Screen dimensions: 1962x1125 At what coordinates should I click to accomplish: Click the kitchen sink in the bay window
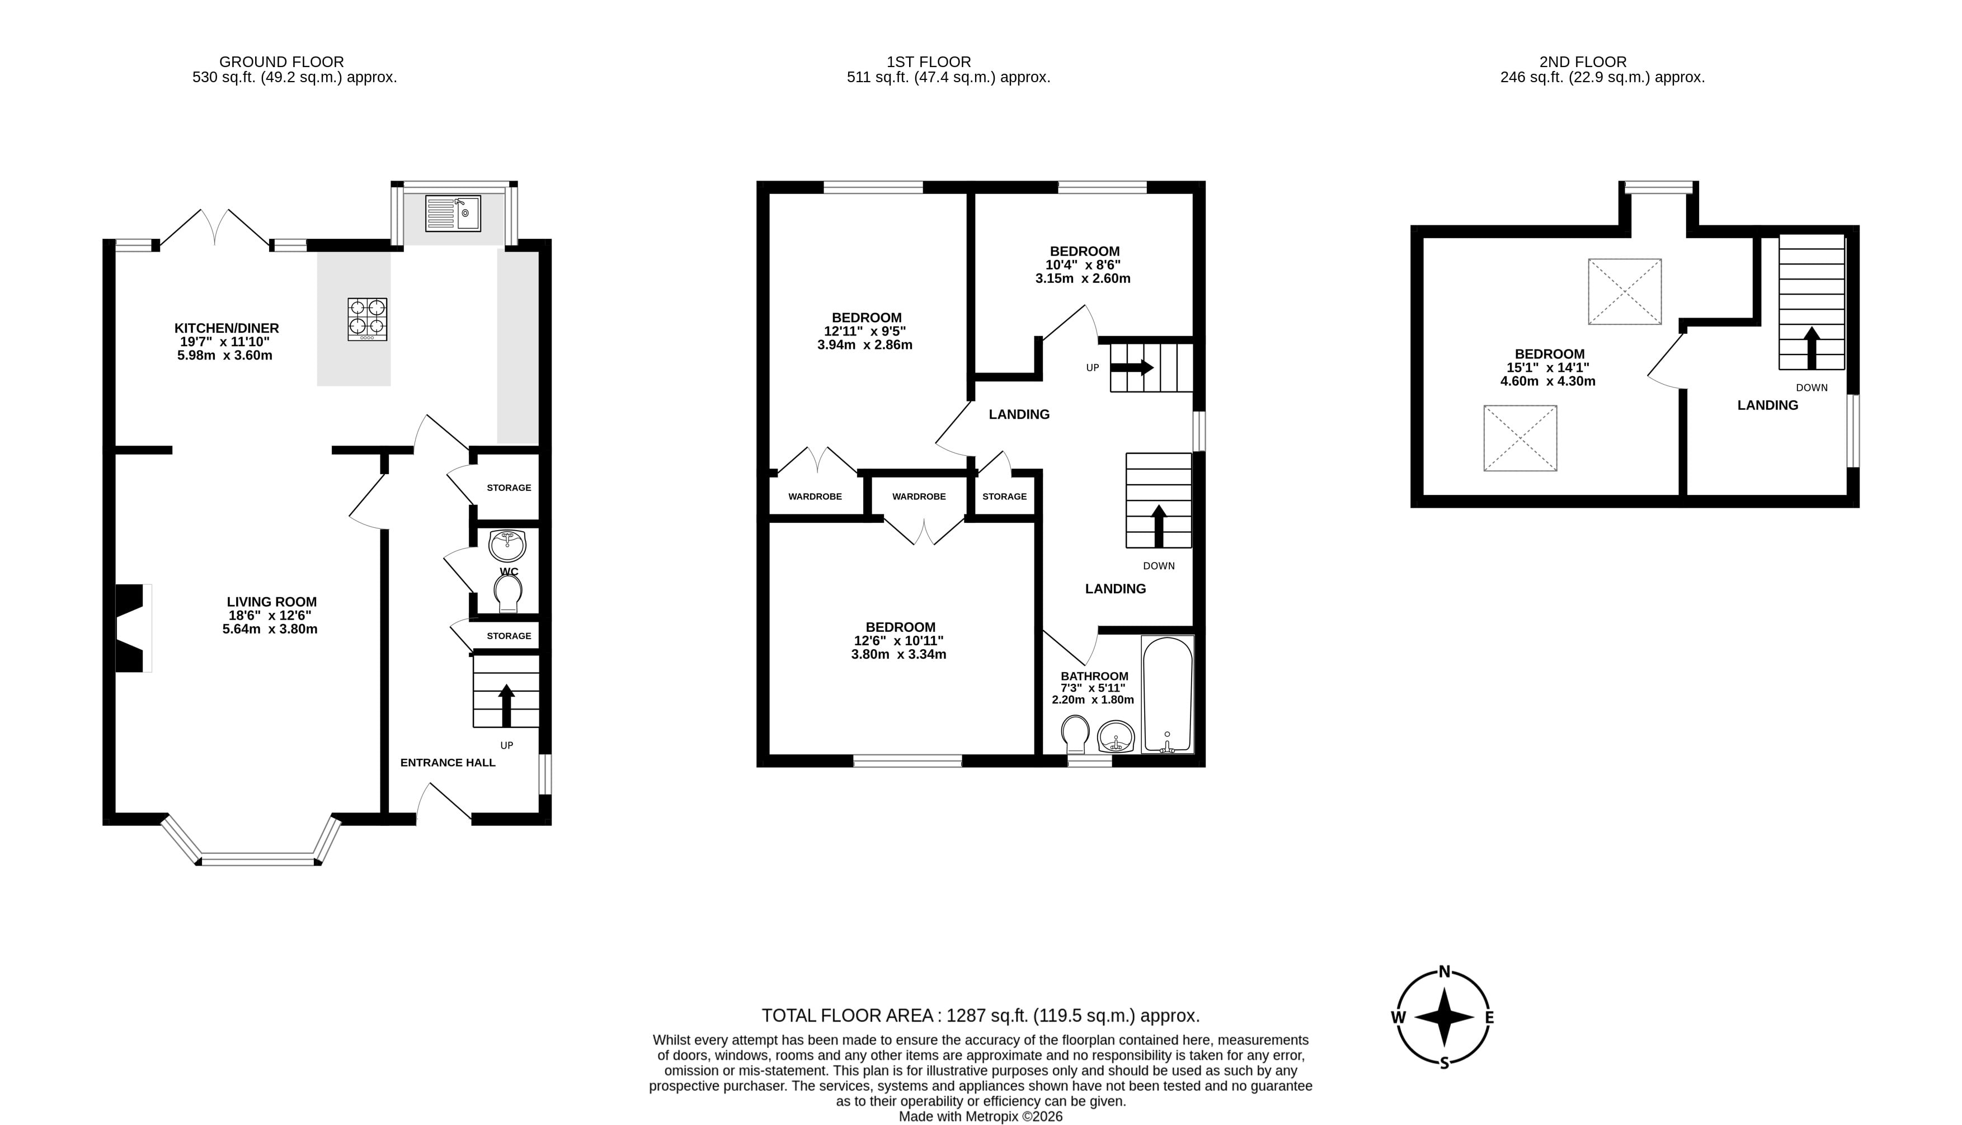point(453,212)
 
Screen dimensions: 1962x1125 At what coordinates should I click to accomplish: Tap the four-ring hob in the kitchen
point(367,319)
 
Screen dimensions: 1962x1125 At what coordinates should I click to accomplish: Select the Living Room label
point(272,602)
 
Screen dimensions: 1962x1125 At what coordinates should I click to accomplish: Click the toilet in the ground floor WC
point(509,595)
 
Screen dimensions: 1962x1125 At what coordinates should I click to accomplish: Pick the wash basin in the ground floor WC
point(507,546)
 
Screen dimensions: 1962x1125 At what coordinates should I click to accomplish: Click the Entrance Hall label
point(448,763)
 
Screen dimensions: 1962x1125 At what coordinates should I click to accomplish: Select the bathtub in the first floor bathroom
point(1168,694)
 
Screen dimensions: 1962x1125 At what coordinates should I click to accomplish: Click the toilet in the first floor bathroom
point(1075,734)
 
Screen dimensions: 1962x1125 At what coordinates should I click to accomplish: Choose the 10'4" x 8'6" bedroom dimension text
point(1083,265)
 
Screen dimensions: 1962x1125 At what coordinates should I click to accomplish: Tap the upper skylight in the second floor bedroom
point(1624,291)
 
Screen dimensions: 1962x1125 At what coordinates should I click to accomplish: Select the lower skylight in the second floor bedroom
point(1520,438)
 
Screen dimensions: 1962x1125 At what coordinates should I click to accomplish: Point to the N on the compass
point(1443,972)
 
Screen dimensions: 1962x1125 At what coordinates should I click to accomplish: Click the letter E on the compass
point(1489,1018)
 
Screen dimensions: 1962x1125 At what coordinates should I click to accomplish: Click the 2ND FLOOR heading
point(1583,62)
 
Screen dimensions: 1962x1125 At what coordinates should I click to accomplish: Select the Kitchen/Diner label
point(227,328)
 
